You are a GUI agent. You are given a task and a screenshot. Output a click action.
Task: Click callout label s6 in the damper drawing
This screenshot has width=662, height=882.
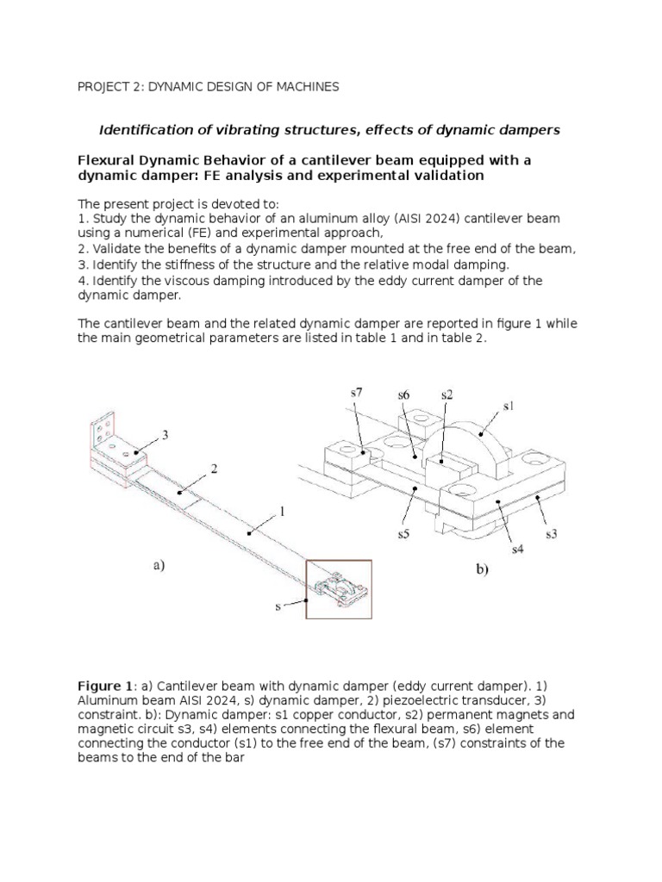(x=403, y=394)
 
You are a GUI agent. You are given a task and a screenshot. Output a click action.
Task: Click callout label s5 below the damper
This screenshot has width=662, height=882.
(x=403, y=533)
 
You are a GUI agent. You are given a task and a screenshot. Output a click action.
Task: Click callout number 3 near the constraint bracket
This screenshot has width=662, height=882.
(x=165, y=436)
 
